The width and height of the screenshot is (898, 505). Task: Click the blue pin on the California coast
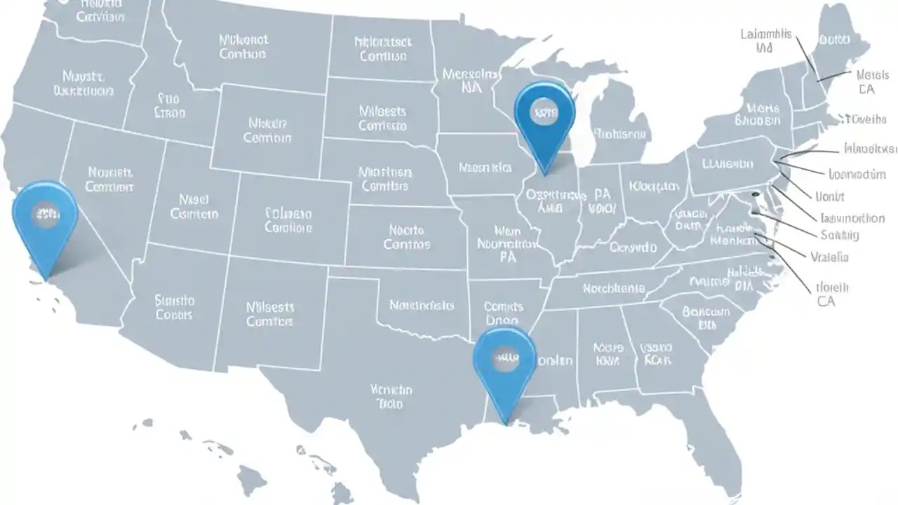coord(45,221)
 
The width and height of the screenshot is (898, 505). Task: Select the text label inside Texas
coord(391,396)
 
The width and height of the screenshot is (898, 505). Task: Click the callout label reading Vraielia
coord(829,257)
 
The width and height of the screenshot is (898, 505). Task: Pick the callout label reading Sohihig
coord(839,235)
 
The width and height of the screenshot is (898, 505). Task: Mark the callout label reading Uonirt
coord(829,196)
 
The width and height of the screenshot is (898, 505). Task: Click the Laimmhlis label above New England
coord(765,41)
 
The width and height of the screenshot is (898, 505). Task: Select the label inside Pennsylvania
coord(728,164)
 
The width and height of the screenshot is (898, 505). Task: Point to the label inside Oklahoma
coord(422,305)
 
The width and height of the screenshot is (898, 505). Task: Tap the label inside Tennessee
coord(612,288)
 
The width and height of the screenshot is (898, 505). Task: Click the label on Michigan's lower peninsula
coord(621,133)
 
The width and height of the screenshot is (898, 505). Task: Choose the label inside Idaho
coord(168,105)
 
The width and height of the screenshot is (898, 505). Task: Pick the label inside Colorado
coord(288,220)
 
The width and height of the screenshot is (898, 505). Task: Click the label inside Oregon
coord(83,83)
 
